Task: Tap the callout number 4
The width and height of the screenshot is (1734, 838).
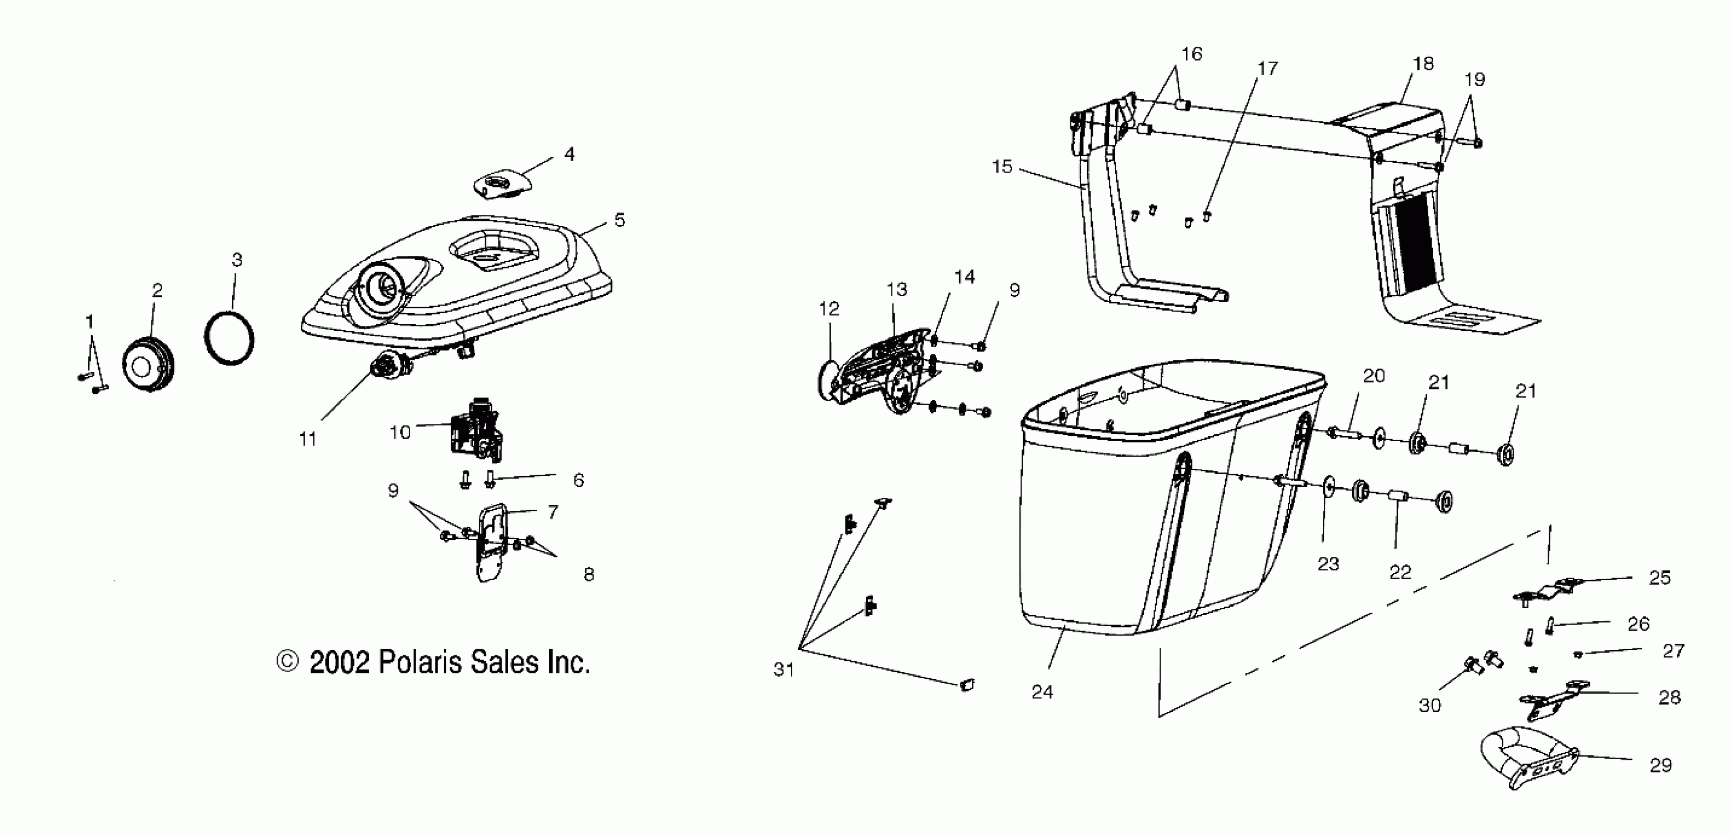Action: click(x=569, y=154)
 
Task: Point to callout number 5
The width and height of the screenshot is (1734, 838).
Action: click(x=619, y=220)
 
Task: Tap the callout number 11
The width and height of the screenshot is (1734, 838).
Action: click(x=308, y=440)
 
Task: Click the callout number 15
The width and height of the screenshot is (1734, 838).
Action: click(x=1002, y=166)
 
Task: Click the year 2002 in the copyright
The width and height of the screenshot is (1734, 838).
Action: click(x=339, y=663)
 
